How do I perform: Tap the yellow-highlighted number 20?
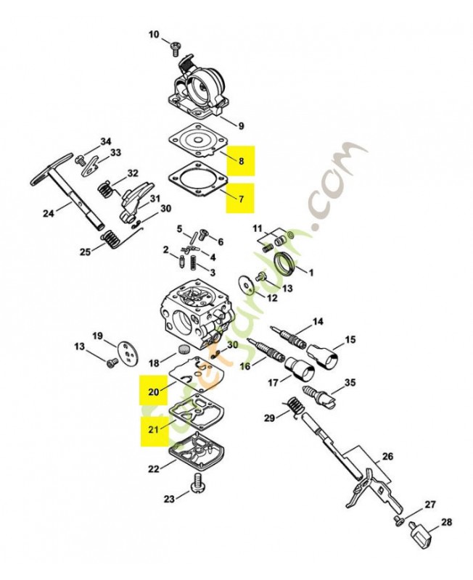pyautogui.click(x=153, y=391)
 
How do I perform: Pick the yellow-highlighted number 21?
pyautogui.click(x=153, y=429)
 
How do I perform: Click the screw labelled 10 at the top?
pyautogui.click(x=175, y=48)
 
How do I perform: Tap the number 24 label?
pyautogui.click(x=49, y=213)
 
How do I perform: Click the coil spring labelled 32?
pyautogui.click(x=106, y=190)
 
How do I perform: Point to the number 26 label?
pyautogui.click(x=387, y=457)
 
